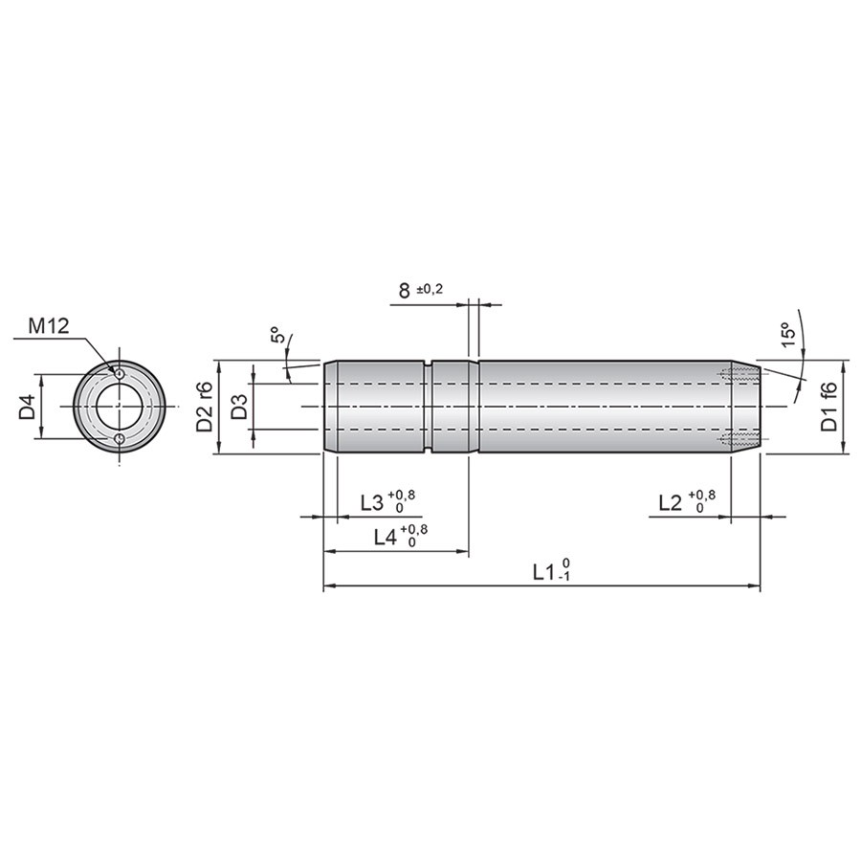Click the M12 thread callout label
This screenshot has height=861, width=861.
tap(49, 326)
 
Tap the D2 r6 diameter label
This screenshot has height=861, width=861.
tap(205, 408)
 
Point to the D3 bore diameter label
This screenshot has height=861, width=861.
tap(238, 407)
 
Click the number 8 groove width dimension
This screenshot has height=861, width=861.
tap(404, 291)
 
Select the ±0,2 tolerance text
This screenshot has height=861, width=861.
tap(430, 289)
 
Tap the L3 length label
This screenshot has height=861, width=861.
tap(372, 502)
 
